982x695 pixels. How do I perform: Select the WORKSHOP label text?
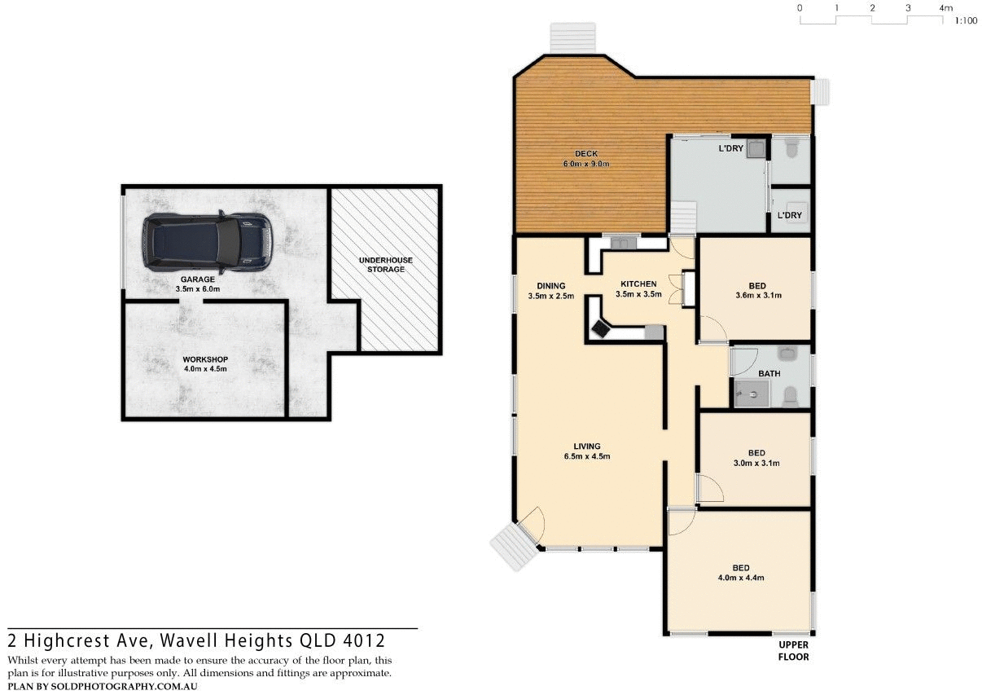[x=204, y=359]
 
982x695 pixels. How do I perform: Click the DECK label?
[x=586, y=153]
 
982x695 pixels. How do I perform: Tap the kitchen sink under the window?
[x=625, y=242]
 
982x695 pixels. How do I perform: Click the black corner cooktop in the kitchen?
[x=602, y=328]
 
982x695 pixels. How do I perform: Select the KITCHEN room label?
[x=636, y=284]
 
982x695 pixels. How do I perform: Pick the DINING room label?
[x=551, y=285]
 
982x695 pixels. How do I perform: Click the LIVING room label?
[x=586, y=446]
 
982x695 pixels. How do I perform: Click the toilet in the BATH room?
[x=790, y=397]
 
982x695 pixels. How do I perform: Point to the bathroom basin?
[x=787, y=353]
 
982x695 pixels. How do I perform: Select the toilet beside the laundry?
[x=791, y=148]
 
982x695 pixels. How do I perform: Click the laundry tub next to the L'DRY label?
[x=756, y=148]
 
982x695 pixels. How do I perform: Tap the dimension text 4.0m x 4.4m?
[x=740, y=578]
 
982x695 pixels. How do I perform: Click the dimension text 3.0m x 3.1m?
[x=756, y=463]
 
